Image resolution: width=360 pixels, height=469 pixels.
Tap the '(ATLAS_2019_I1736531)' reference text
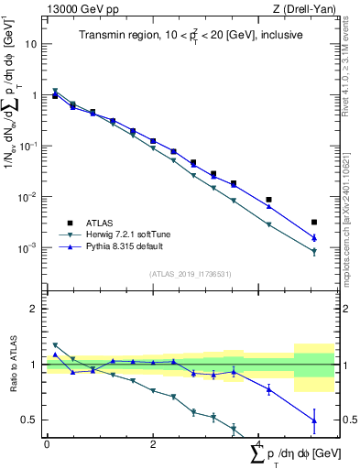191,273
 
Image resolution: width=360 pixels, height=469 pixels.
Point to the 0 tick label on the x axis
47,444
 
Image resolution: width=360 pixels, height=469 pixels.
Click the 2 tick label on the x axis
153,444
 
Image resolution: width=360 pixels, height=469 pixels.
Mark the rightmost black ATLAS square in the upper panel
314,222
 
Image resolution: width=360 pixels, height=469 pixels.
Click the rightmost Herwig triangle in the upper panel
314,251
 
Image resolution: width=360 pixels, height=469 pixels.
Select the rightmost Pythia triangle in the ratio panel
314,420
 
